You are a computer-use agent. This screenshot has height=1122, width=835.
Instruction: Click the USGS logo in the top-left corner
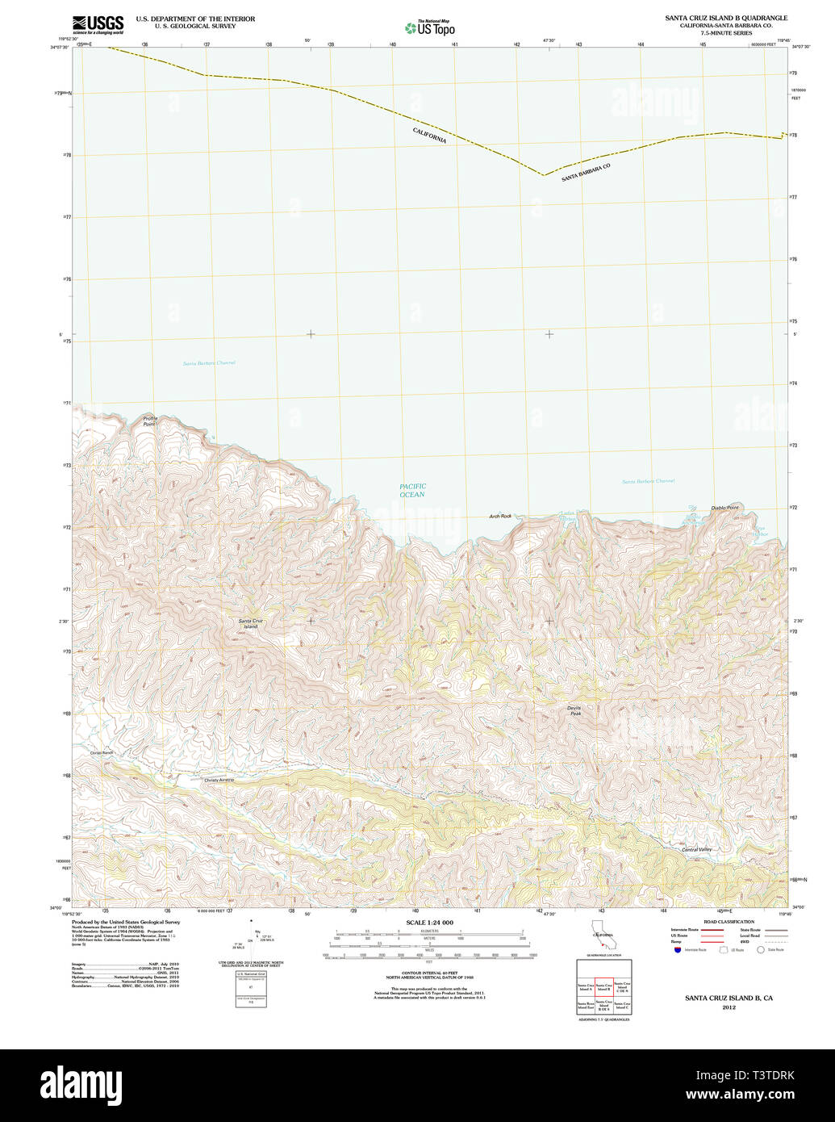[x=98, y=25]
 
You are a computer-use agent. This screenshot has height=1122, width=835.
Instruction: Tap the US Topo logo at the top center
[x=430, y=28]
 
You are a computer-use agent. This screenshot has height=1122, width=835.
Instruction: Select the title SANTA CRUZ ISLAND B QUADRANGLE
[x=726, y=18]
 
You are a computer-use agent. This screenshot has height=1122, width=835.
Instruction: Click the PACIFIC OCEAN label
[x=412, y=491]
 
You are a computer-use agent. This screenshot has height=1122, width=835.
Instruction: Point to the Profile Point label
[x=149, y=421]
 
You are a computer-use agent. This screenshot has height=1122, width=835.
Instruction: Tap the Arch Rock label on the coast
[x=500, y=516]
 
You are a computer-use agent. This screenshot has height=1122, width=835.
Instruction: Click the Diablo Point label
[x=724, y=508]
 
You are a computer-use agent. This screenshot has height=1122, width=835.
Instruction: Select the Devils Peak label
[x=574, y=711]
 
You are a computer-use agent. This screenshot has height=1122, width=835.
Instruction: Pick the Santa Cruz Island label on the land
[x=250, y=623]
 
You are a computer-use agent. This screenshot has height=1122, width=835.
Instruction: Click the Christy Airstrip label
[x=219, y=781]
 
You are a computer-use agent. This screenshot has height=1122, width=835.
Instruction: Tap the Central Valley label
[x=696, y=849]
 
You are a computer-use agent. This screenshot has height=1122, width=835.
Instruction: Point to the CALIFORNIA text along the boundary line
[x=429, y=136]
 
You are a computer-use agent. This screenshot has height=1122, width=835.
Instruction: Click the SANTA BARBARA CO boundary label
[x=586, y=173]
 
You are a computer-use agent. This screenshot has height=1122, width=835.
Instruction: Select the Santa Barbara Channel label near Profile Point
[x=209, y=363]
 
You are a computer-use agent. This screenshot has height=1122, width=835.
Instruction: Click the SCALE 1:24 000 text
[x=429, y=923]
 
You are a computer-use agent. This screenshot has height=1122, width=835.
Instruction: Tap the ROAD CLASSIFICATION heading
[x=728, y=922]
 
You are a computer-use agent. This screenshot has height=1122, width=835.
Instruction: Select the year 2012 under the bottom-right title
[x=729, y=1007]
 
